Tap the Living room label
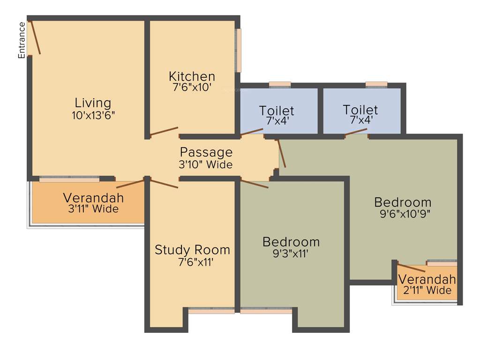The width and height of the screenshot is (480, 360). (x=93, y=103)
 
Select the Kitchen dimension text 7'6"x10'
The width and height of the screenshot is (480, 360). (x=192, y=87)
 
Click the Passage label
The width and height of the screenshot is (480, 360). (x=206, y=152)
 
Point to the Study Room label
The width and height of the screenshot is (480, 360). (x=192, y=250)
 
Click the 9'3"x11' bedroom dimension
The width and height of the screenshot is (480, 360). (x=291, y=254)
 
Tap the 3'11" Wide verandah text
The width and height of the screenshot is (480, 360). (x=93, y=209)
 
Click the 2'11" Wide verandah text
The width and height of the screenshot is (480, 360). (x=427, y=290)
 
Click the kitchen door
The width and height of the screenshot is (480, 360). (x=164, y=131)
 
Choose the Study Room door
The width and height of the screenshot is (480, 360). (x=164, y=183)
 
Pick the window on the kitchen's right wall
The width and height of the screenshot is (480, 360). (x=239, y=50)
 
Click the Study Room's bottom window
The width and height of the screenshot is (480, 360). (x=211, y=310)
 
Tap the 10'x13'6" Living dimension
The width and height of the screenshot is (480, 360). (x=93, y=115)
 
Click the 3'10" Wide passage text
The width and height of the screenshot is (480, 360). (x=206, y=165)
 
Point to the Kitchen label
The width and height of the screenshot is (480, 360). (x=192, y=76)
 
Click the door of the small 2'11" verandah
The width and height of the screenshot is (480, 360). (x=412, y=268)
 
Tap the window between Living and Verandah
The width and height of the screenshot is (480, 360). (x=69, y=179)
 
